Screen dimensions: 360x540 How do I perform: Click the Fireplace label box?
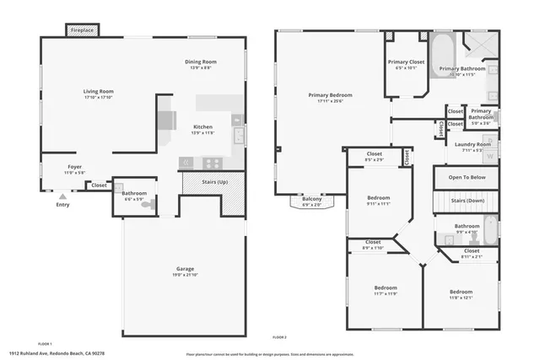[82, 30]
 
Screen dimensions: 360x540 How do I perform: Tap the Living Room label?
[98, 91]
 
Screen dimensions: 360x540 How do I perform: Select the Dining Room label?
[202, 62]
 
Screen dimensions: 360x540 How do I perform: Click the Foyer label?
[75, 167]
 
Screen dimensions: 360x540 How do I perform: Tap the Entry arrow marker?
[62, 195]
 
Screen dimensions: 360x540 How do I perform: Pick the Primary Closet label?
[406, 62]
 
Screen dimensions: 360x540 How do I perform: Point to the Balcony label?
[312, 200]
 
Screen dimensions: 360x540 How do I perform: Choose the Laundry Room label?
[472, 144]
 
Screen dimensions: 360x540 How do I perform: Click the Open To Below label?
[467, 178]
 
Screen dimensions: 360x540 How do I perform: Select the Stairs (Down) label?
[467, 201]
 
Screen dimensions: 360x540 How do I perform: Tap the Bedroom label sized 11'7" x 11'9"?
[386, 288]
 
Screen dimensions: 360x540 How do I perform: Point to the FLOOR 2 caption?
[279, 337]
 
